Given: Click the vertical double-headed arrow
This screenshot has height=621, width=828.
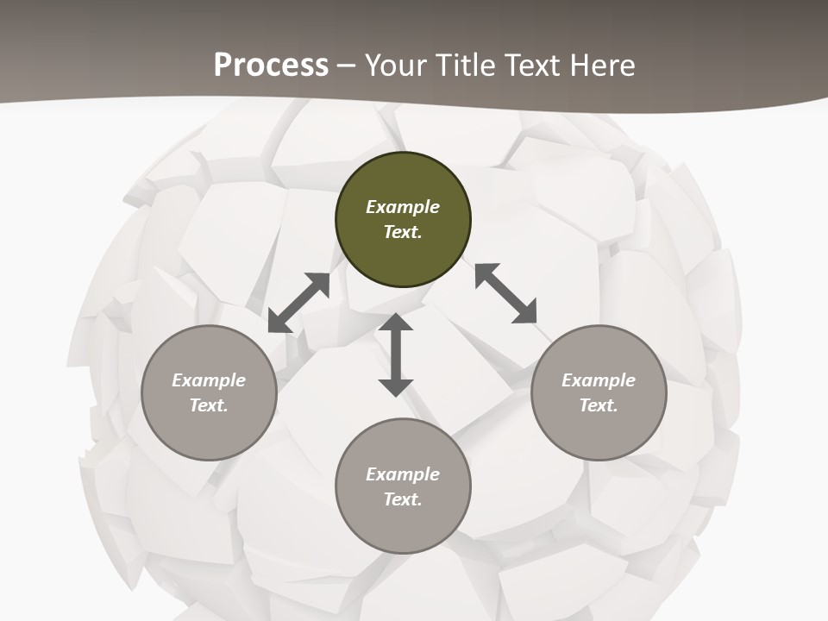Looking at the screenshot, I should (x=396, y=354).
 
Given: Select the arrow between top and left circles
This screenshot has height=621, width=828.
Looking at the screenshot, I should (x=299, y=303).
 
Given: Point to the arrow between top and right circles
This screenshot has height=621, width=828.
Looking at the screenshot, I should (x=505, y=293).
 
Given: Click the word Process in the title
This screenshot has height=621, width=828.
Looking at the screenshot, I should (x=271, y=66).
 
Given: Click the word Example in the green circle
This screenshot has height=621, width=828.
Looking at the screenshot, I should (x=403, y=207).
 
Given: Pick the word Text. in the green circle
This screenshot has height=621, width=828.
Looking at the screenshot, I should (x=403, y=232).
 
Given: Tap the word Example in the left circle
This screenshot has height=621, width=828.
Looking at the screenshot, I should (x=209, y=380).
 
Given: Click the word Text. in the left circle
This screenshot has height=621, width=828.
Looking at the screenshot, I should (x=209, y=405).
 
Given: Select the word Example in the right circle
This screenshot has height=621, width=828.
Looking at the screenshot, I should (x=599, y=380).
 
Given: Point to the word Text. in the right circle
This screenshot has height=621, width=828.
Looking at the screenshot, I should (x=599, y=405).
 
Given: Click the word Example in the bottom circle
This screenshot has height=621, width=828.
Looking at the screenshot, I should (x=403, y=474).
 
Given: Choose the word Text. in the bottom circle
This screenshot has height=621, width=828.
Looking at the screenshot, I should (x=403, y=499).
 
